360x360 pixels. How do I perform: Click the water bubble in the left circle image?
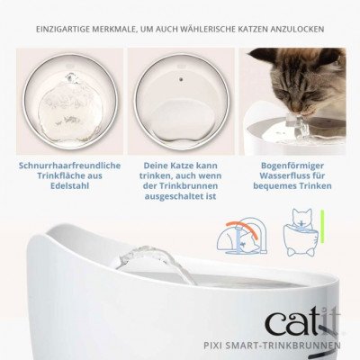[x=70, y=89]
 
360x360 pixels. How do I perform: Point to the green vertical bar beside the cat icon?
[x=322, y=226]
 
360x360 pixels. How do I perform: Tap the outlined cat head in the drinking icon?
[x=301, y=218]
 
